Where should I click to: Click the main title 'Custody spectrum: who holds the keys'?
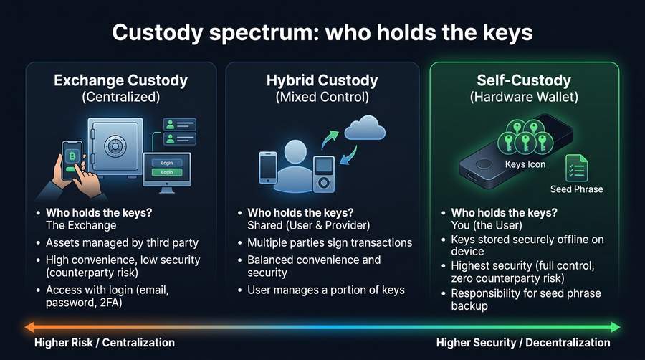[x=322, y=34]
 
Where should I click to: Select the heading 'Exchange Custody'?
[x=120, y=80]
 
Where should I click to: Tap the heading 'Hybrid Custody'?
[x=322, y=80]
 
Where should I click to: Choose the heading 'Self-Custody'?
[x=523, y=80]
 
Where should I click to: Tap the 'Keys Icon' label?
[x=525, y=164]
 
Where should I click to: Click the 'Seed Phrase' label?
[x=576, y=189]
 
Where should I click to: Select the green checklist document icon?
[x=576, y=169]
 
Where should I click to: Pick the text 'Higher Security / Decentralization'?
[x=523, y=343]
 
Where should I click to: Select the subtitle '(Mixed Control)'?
[x=322, y=97]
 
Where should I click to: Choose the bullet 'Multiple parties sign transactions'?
[x=330, y=243]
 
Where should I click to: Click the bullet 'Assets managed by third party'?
[x=122, y=243]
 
